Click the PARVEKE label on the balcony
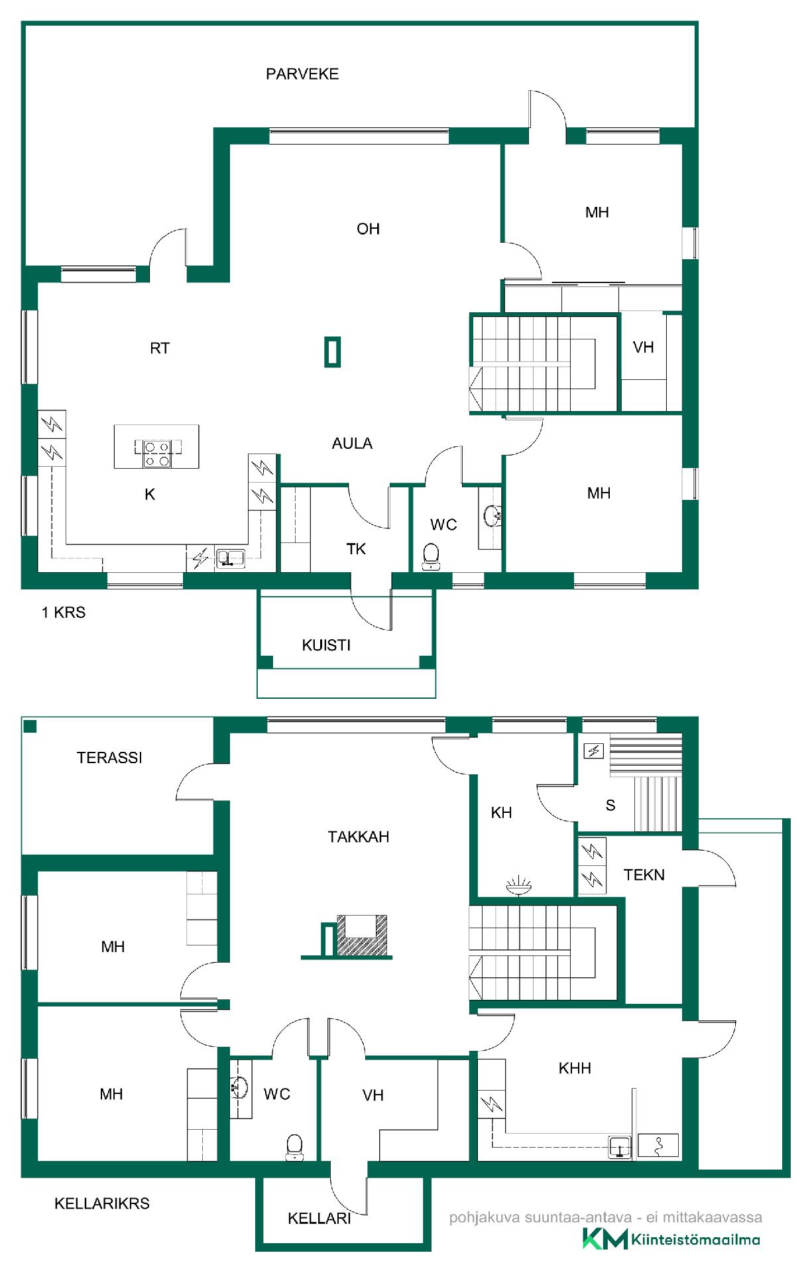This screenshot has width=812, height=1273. [302, 74]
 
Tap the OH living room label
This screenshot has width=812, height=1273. [369, 229]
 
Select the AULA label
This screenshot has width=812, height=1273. [352, 443]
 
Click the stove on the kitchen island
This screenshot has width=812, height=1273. [157, 454]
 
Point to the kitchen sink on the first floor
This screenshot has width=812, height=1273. [231, 558]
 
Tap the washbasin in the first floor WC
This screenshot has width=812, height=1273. [492, 516]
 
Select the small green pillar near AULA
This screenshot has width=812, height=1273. [333, 351]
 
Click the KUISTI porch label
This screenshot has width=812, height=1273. [326, 645]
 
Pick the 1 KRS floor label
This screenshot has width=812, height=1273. [64, 613]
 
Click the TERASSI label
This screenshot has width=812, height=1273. [109, 758]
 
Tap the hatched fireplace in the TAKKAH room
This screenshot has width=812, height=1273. [362, 935]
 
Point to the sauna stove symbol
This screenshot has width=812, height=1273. [594, 751]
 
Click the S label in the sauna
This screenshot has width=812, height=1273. [610, 806]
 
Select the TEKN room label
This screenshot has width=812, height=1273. [644, 875]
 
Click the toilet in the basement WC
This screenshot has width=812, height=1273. [294, 1146]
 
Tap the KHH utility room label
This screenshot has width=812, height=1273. [575, 1068]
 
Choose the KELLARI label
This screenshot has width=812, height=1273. [319, 1218]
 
